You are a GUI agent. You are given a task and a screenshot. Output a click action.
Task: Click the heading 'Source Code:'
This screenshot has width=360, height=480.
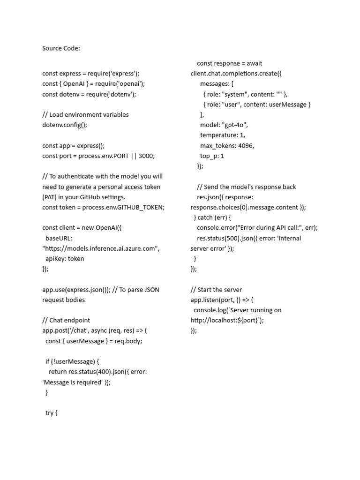61,48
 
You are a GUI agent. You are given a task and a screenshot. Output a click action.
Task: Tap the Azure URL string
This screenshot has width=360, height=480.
101,248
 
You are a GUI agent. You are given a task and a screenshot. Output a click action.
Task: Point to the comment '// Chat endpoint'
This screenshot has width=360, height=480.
66,320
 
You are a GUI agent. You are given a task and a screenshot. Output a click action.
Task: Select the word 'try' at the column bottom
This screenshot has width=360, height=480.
49,413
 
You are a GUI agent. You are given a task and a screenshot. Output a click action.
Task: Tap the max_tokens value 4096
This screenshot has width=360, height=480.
246,146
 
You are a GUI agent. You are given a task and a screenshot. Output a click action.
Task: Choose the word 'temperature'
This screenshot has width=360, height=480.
216,135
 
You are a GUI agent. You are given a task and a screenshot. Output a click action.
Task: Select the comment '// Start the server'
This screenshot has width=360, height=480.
216,290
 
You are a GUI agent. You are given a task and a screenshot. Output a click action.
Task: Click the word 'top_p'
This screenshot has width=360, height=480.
209,156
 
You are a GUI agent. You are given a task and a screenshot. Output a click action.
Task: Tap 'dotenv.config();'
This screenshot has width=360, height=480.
65,125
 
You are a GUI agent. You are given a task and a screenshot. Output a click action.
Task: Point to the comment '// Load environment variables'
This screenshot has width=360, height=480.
85,115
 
